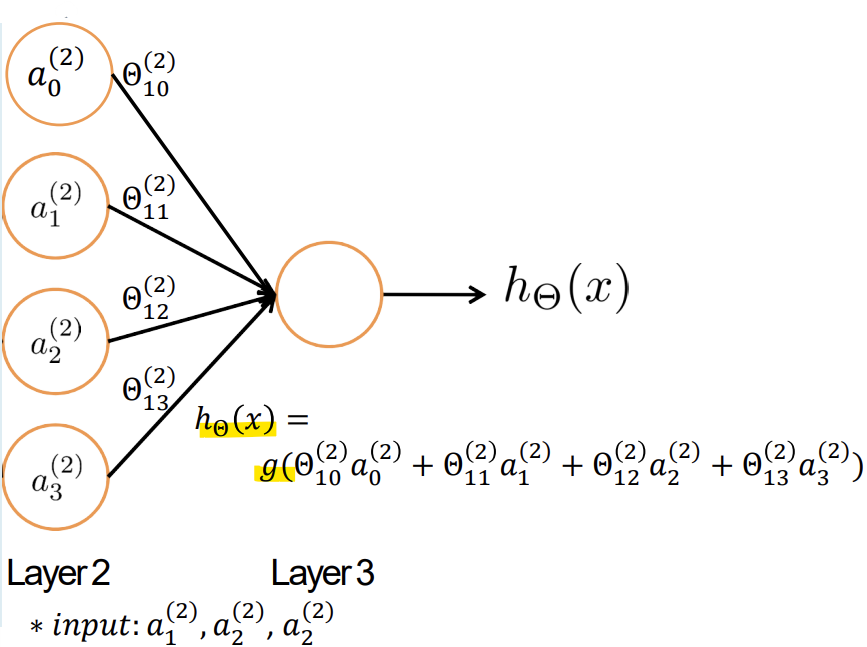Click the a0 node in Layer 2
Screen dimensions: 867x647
(x=58, y=74)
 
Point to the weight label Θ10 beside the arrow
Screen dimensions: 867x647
(x=147, y=76)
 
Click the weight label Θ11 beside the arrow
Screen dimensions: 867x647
(x=147, y=197)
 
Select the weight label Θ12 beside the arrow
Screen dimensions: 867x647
(x=147, y=297)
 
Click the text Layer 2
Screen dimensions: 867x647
(x=58, y=574)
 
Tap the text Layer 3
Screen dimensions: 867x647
(x=323, y=574)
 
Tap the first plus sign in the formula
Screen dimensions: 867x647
(x=422, y=467)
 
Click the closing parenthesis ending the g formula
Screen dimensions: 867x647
(x=859, y=467)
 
